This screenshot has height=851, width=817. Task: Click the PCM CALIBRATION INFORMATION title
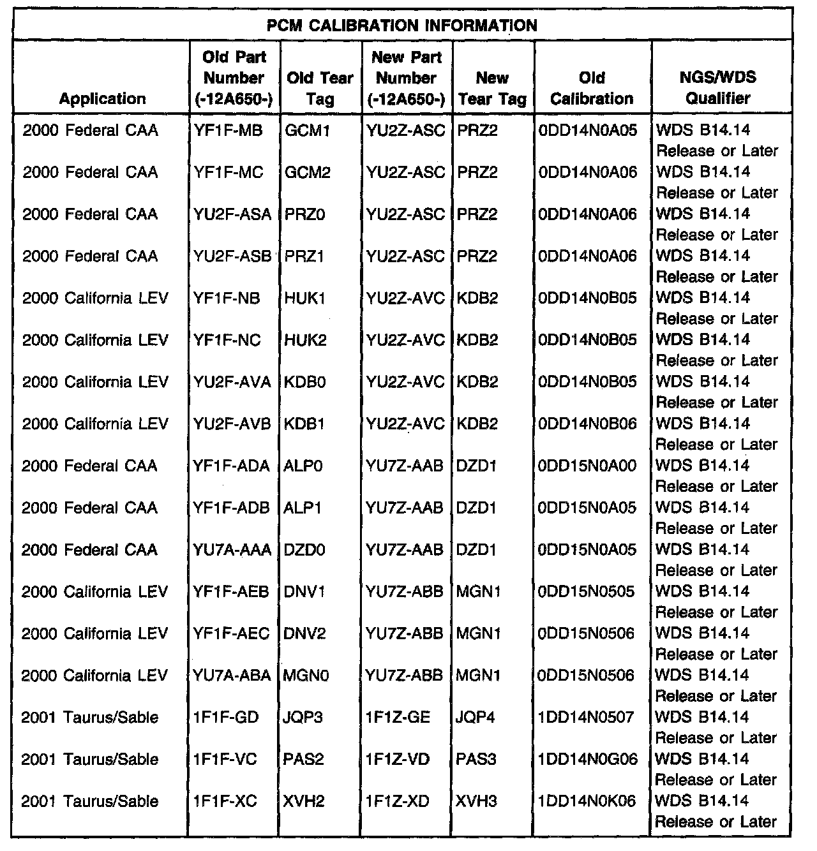(401, 26)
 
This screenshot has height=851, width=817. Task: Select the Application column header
(102, 99)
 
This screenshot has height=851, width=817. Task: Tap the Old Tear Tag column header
(320, 88)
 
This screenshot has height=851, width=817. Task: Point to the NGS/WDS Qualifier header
(718, 88)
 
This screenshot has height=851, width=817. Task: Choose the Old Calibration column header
(592, 88)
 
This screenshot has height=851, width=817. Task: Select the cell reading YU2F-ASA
(232, 214)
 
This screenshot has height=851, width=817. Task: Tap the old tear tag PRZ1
(305, 256)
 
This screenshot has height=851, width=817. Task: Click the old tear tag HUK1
(305, 299)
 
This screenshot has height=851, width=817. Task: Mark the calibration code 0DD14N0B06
(588, 424)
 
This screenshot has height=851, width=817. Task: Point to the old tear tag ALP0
(304, 466)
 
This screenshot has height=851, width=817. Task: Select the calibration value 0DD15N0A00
(588, 466)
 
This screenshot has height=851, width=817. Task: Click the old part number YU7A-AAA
(232, 550)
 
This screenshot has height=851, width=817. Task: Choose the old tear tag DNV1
(305, 592)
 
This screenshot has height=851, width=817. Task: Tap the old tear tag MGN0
(306, 676)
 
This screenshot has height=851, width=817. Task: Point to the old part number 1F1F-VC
(225, 760)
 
